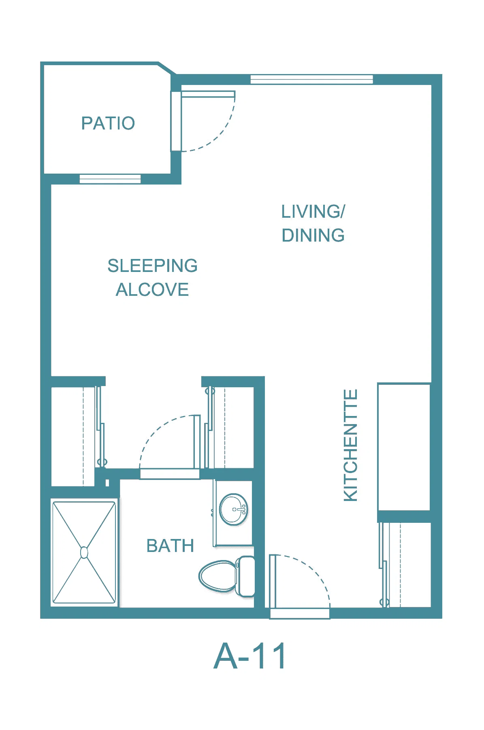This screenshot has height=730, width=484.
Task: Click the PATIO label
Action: (108, 123)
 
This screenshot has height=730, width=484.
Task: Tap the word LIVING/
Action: (313, 211)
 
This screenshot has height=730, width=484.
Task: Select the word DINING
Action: (313, 235)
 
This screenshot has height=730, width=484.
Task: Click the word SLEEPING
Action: (152, 266)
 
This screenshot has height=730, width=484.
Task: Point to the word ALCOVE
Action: (152, 290)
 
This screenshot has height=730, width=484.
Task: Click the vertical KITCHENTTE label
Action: (351, 445)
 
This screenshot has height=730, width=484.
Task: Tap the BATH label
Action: (170, 546)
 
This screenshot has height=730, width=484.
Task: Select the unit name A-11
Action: (250, 656)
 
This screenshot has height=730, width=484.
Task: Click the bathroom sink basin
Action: (234, 509)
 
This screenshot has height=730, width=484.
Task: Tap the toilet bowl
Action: (217, 576)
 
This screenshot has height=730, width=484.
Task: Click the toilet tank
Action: (245, 576)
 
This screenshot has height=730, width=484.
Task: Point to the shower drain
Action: (84, 552)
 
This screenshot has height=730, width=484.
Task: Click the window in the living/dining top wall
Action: (311, 79)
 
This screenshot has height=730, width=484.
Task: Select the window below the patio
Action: (110, 178)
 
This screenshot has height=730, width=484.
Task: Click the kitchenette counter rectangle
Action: (404, 447)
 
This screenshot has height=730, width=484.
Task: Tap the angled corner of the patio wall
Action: (167, 69)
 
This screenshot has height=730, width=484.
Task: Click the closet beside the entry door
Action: (405, 564)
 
